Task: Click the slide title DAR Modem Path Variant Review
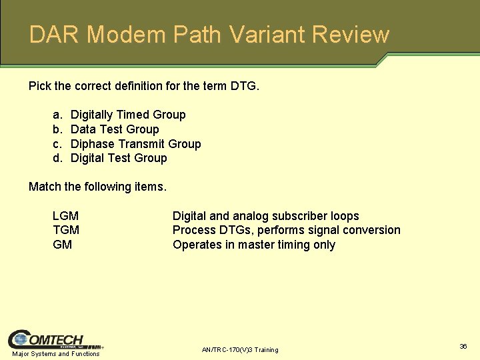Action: click(209, 35)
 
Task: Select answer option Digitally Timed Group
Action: click(128, 115)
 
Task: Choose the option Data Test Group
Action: click(115, 129)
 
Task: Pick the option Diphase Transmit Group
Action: click(135, 144)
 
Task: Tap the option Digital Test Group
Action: click(119, 158)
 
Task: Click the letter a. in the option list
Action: click(57, 115)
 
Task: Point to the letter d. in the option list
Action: click(57, 158)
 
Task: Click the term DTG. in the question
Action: click(244, 86)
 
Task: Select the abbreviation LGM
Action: click(65, 216)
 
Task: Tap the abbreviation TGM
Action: click(65, 230)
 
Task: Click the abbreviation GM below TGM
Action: click(62, 245)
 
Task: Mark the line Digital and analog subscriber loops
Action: click(265, 216)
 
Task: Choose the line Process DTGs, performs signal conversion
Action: click(286, 230)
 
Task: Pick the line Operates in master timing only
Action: click(253, 245)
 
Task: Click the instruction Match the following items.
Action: click(97, 187)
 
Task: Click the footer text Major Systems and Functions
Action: click(56, 354)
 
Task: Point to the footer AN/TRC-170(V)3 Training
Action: click(240, 350)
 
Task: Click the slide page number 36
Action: click(463, 346)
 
